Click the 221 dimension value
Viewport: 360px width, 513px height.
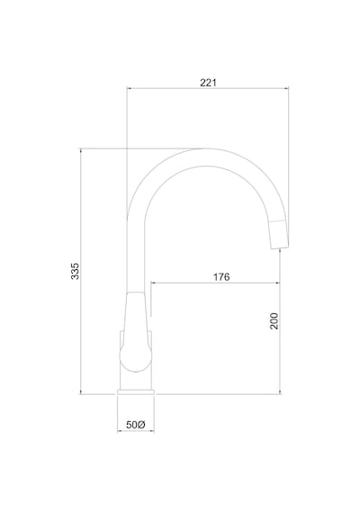point(208,83)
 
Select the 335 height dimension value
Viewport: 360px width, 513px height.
point(75,271)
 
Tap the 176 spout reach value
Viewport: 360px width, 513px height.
point(221,277)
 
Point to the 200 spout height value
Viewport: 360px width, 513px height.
point(274,321)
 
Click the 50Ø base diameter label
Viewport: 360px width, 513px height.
point(136,425)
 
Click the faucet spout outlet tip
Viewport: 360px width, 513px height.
point(280,248)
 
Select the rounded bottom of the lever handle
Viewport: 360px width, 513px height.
point(136,364)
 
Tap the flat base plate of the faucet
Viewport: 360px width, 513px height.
point(136,391)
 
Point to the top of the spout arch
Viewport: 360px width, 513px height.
point(202,149)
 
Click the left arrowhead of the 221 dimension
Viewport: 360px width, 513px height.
point(129,88)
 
